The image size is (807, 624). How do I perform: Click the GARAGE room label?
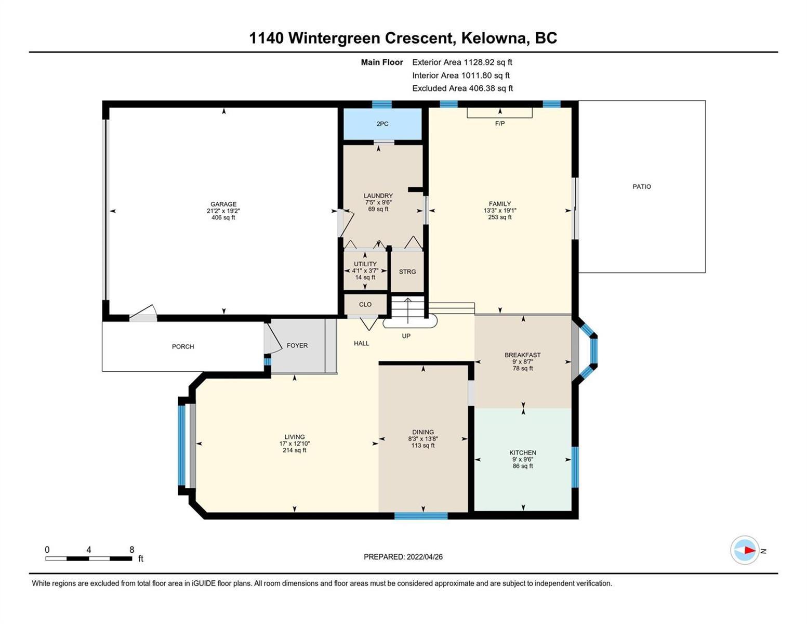[x=223, y=204]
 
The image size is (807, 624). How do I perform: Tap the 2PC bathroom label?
[x=382, y=124]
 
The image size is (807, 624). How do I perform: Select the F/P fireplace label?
[x=499, y=123]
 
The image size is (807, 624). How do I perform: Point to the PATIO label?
[x=642, y=187]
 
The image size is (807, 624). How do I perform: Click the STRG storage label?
[x=407, y=271]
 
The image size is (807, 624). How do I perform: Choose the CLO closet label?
[x=365, y=304]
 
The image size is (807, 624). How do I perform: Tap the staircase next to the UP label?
[x=408, y=307]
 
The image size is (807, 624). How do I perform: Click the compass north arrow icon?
[x=745, y=550]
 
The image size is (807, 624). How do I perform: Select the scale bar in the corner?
[x=89, y=558]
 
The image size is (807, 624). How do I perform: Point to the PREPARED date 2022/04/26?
[x=425, y=557]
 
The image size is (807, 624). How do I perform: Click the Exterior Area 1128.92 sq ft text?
[x=462, y=62]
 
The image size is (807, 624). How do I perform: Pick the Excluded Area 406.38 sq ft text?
[x=462, y=88]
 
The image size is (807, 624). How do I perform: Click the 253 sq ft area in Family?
[x=499, y=217]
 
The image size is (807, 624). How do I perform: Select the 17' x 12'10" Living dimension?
[x=295, y=444]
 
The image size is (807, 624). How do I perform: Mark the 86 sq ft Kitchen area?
[x=523, y=466]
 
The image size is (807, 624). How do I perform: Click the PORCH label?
[x=183, y=346]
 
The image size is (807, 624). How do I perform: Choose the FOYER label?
[x=297, y=345]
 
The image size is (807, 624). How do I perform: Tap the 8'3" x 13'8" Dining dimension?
[x=422, y=438]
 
